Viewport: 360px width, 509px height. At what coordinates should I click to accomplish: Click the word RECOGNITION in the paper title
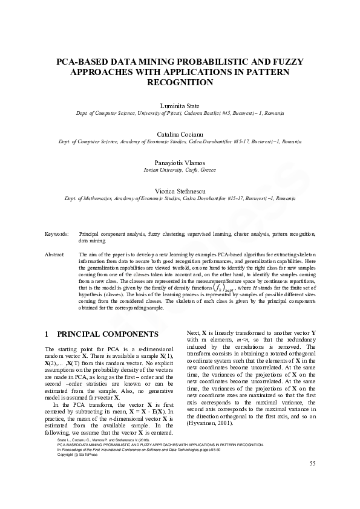tap(180, 82)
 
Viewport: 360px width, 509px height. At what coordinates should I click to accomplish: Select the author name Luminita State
tap(180, 106)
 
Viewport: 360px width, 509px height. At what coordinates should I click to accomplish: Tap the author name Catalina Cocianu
tap(180, 134)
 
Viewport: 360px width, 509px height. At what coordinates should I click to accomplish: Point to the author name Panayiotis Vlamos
tap(180, 163)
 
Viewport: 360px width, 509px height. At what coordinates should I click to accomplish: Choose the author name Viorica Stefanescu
tap(180, 191)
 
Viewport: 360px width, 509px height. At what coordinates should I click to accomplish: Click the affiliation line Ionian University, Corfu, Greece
tap(180, 170)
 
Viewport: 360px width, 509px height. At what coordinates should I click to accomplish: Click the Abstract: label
tap(55, 254)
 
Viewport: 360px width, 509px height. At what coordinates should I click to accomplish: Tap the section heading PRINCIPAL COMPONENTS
tap(108, 334)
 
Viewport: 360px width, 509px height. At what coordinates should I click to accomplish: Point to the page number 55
tap(312, 481)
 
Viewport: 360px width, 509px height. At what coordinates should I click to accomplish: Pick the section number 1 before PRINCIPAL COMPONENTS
tap(47, 334)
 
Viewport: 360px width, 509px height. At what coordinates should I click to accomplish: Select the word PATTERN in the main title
tap(268, 72)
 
